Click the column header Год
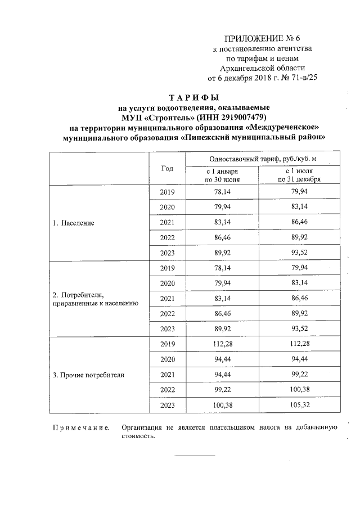pos(167,168)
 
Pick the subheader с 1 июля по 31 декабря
pos(299,175)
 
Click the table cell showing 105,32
pos(299,404)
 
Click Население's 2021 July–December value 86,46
pos(299,222)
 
